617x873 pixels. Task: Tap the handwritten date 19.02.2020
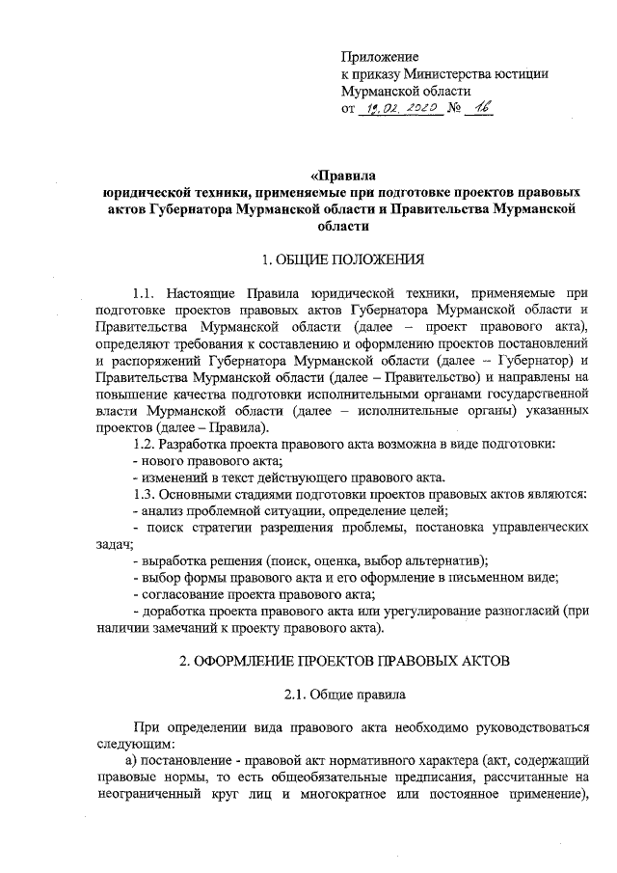tap(398, 112)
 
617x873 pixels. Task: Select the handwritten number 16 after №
tap(477, 111)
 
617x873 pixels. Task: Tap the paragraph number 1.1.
tap(146, 291)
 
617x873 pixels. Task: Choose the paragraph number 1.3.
tap(146, 493)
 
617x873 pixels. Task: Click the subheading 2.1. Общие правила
tap(342, 695)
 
